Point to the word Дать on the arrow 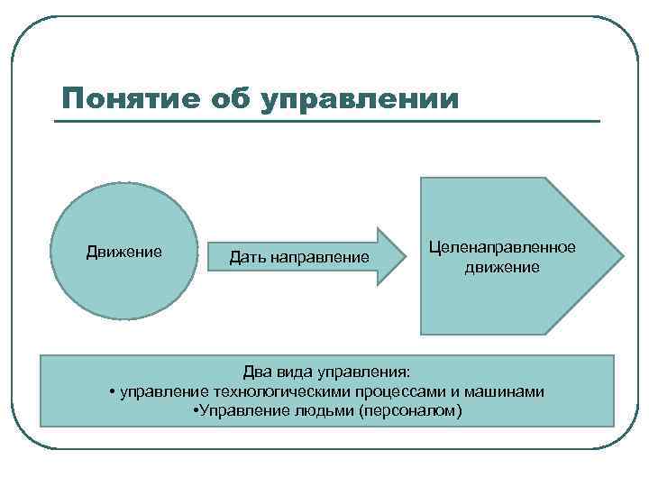[246, 258]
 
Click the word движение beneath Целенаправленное [502, 267]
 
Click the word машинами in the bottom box [511, 391]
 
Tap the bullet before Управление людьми [197, 411]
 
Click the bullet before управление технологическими [110, 391]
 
